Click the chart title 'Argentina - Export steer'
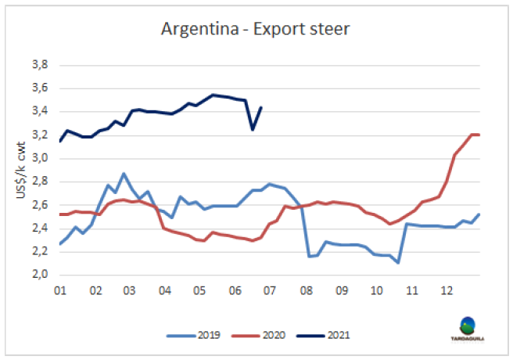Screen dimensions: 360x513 click(x=256, y=30)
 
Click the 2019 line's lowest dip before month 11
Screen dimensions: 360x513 click(x=398, y=262)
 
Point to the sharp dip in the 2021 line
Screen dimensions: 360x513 click(x=253, y=129)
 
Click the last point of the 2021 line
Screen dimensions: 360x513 click(x=260, y=107)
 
